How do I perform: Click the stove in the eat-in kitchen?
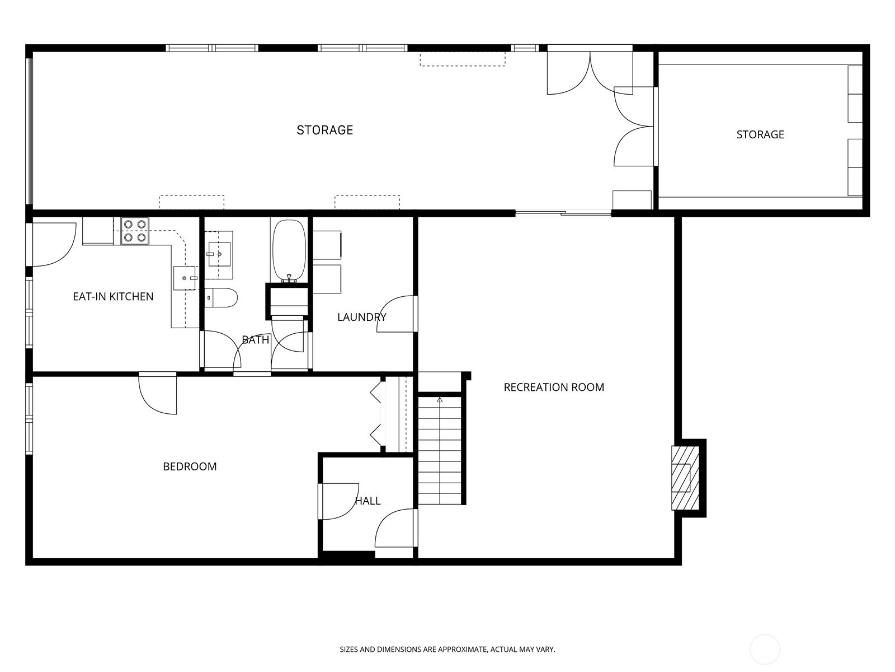[x=135, y=231]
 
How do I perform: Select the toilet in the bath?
[x=222, y=297]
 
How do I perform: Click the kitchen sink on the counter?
[x=185, y=278]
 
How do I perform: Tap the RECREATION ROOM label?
[x=554, y=387]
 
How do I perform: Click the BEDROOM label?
[x=190, y=466]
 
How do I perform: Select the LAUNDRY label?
[x=362, y=317]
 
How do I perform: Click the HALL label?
[x=368, y=501]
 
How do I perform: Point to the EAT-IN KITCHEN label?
[x=113, y=296]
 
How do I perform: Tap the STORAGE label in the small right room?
[x=760, y=134]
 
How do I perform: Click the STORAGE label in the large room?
[x=324, y=130]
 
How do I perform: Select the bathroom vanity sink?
[x=219, y=254]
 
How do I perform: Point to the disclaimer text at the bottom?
[x=447, y=650]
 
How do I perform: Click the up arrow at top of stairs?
[x=440, y=400]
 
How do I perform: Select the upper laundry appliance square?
[x=327, y=245]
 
